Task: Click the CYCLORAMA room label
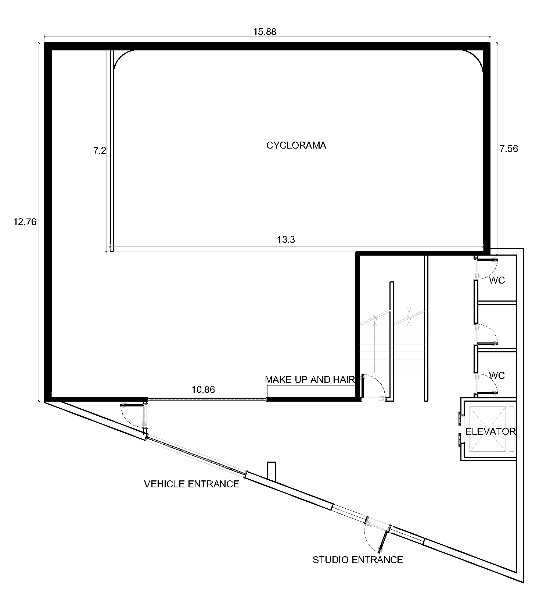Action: (x=296, y=145)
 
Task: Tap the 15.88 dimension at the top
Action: (x=265, y=32)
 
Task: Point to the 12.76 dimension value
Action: (x=25, y=222)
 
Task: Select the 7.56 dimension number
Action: (x=508, y=149)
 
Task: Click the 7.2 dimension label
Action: (x=100, y=150)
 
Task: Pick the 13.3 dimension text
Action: (x=286, y=240)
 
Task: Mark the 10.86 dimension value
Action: (x=203, y=390)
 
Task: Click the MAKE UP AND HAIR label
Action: (x=310, y=380)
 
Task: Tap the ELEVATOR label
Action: (x=490, y=431)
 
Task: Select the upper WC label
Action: (x=497, y=280)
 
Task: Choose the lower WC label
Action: (x=497, y=376)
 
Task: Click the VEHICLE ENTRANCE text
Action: (x=191, y=484)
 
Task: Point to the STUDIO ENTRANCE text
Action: (x=358, y=560)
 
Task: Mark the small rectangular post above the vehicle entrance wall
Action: (x=272, y=471)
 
